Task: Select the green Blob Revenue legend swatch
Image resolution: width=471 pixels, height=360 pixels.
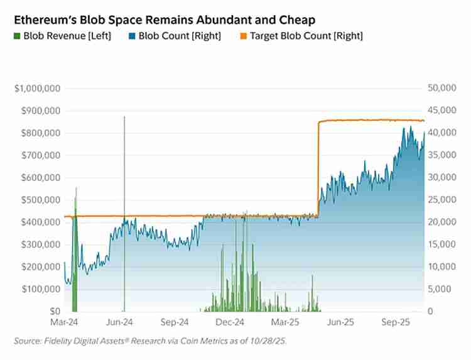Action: pos(18,36)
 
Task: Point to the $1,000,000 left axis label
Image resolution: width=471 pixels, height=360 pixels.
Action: pos(37,89)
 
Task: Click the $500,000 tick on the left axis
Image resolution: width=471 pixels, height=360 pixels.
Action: pos(40,200)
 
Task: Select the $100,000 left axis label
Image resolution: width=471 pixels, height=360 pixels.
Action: pos(40,289)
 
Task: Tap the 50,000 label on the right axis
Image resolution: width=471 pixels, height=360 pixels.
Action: pos(441,89)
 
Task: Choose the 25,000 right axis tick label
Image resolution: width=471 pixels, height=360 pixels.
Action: pos(441,200)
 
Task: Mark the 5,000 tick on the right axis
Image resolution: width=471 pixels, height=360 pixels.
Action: pos(443,289)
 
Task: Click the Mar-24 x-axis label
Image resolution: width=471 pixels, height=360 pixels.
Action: pos(64,322)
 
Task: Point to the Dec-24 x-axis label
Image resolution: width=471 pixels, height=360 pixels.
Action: pos(230,322)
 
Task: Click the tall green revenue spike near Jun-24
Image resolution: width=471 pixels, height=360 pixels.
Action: pos(124,188)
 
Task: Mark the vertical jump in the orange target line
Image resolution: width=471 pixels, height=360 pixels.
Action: pos(318,170)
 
